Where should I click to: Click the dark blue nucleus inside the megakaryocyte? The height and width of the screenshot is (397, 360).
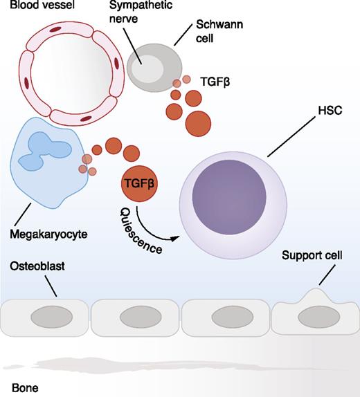click(x=42, y=154)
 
